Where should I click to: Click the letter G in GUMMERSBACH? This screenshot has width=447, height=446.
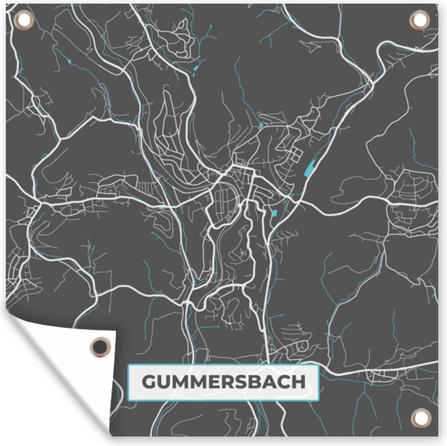(x=150, y=381)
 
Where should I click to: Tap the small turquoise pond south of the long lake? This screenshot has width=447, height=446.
(x=274, y=214)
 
